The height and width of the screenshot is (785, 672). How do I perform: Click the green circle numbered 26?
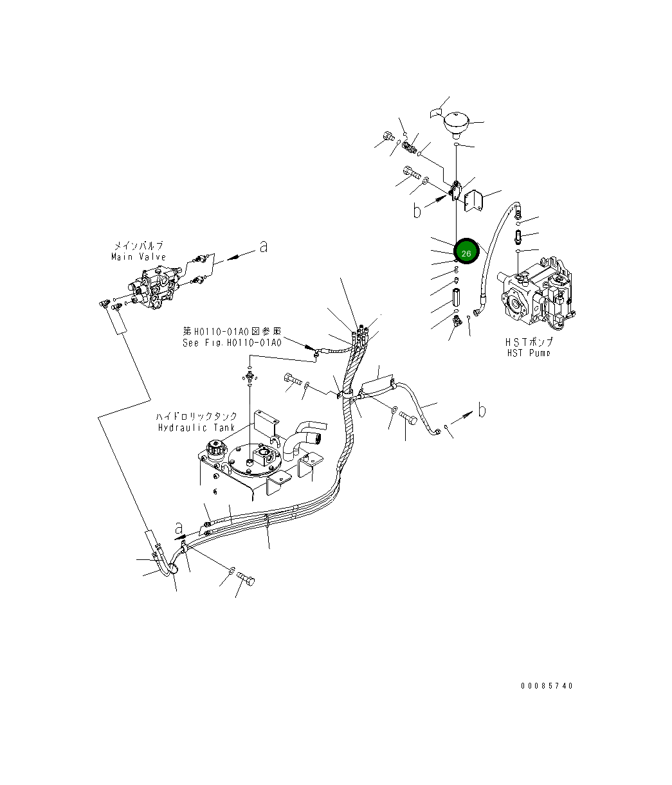[466, 253]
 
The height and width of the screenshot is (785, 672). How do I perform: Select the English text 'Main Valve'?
[138, 257]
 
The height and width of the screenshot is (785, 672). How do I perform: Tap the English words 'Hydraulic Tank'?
[197, 428]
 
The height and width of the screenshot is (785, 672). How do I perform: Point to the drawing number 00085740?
[546, 686]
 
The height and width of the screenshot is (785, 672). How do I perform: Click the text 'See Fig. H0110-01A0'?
[232, 343]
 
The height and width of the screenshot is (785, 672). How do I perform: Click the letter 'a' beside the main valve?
[262, 246]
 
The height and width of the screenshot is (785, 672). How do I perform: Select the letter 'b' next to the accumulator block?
[418, 210]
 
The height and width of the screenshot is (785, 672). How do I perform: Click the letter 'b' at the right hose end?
[481, 409]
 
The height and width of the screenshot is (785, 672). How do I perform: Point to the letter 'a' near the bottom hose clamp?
[179, 528]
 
